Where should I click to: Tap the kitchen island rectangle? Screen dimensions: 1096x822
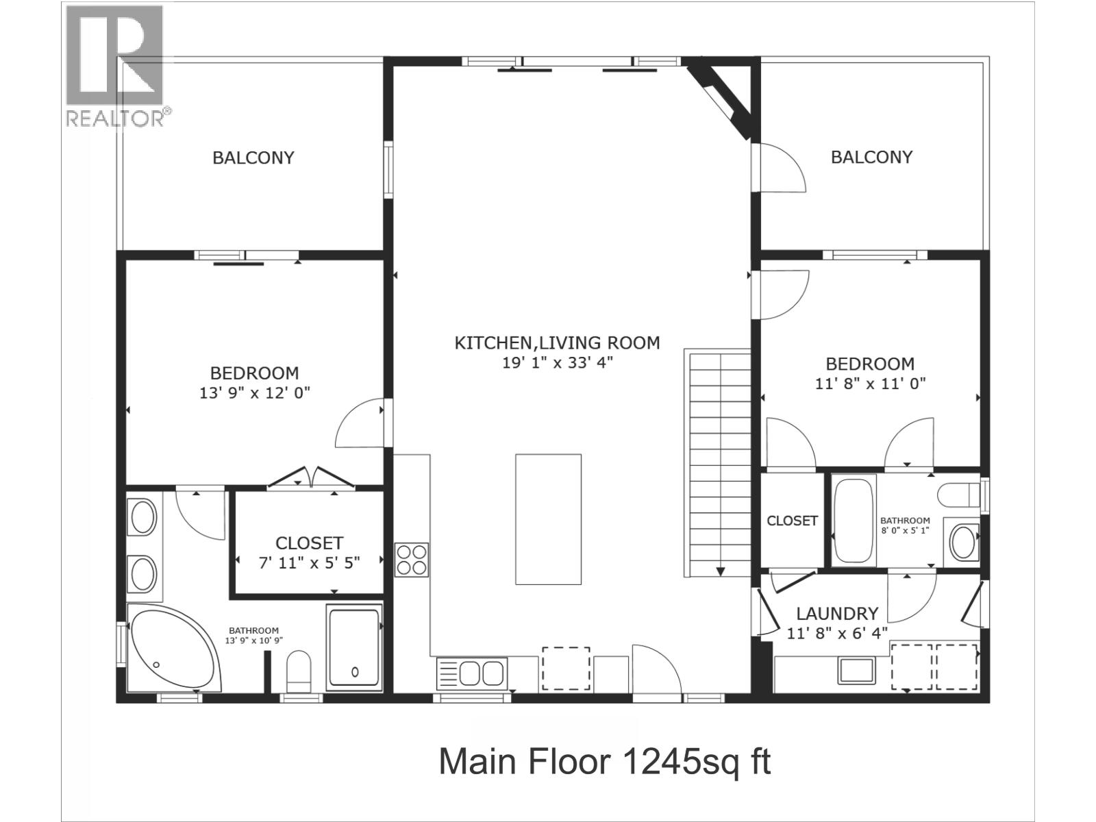point(548,519)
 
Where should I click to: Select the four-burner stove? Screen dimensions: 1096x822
point(412,560)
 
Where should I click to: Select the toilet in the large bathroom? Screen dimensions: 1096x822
point(299,671)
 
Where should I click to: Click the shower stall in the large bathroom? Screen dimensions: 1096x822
point(355,648)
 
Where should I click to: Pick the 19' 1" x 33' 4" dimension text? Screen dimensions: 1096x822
point(557,362)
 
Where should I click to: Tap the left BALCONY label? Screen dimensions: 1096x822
point(253,158)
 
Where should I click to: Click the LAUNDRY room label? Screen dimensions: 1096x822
point(837,613)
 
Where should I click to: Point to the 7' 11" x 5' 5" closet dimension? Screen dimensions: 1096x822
point(309,563)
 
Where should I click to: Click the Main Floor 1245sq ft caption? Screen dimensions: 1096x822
point(605,762)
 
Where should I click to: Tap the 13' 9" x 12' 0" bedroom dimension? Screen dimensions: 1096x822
point(255,393)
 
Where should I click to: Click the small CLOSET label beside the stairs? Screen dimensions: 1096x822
point(792,521)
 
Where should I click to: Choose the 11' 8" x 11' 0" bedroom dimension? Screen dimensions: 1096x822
point(871,384)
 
